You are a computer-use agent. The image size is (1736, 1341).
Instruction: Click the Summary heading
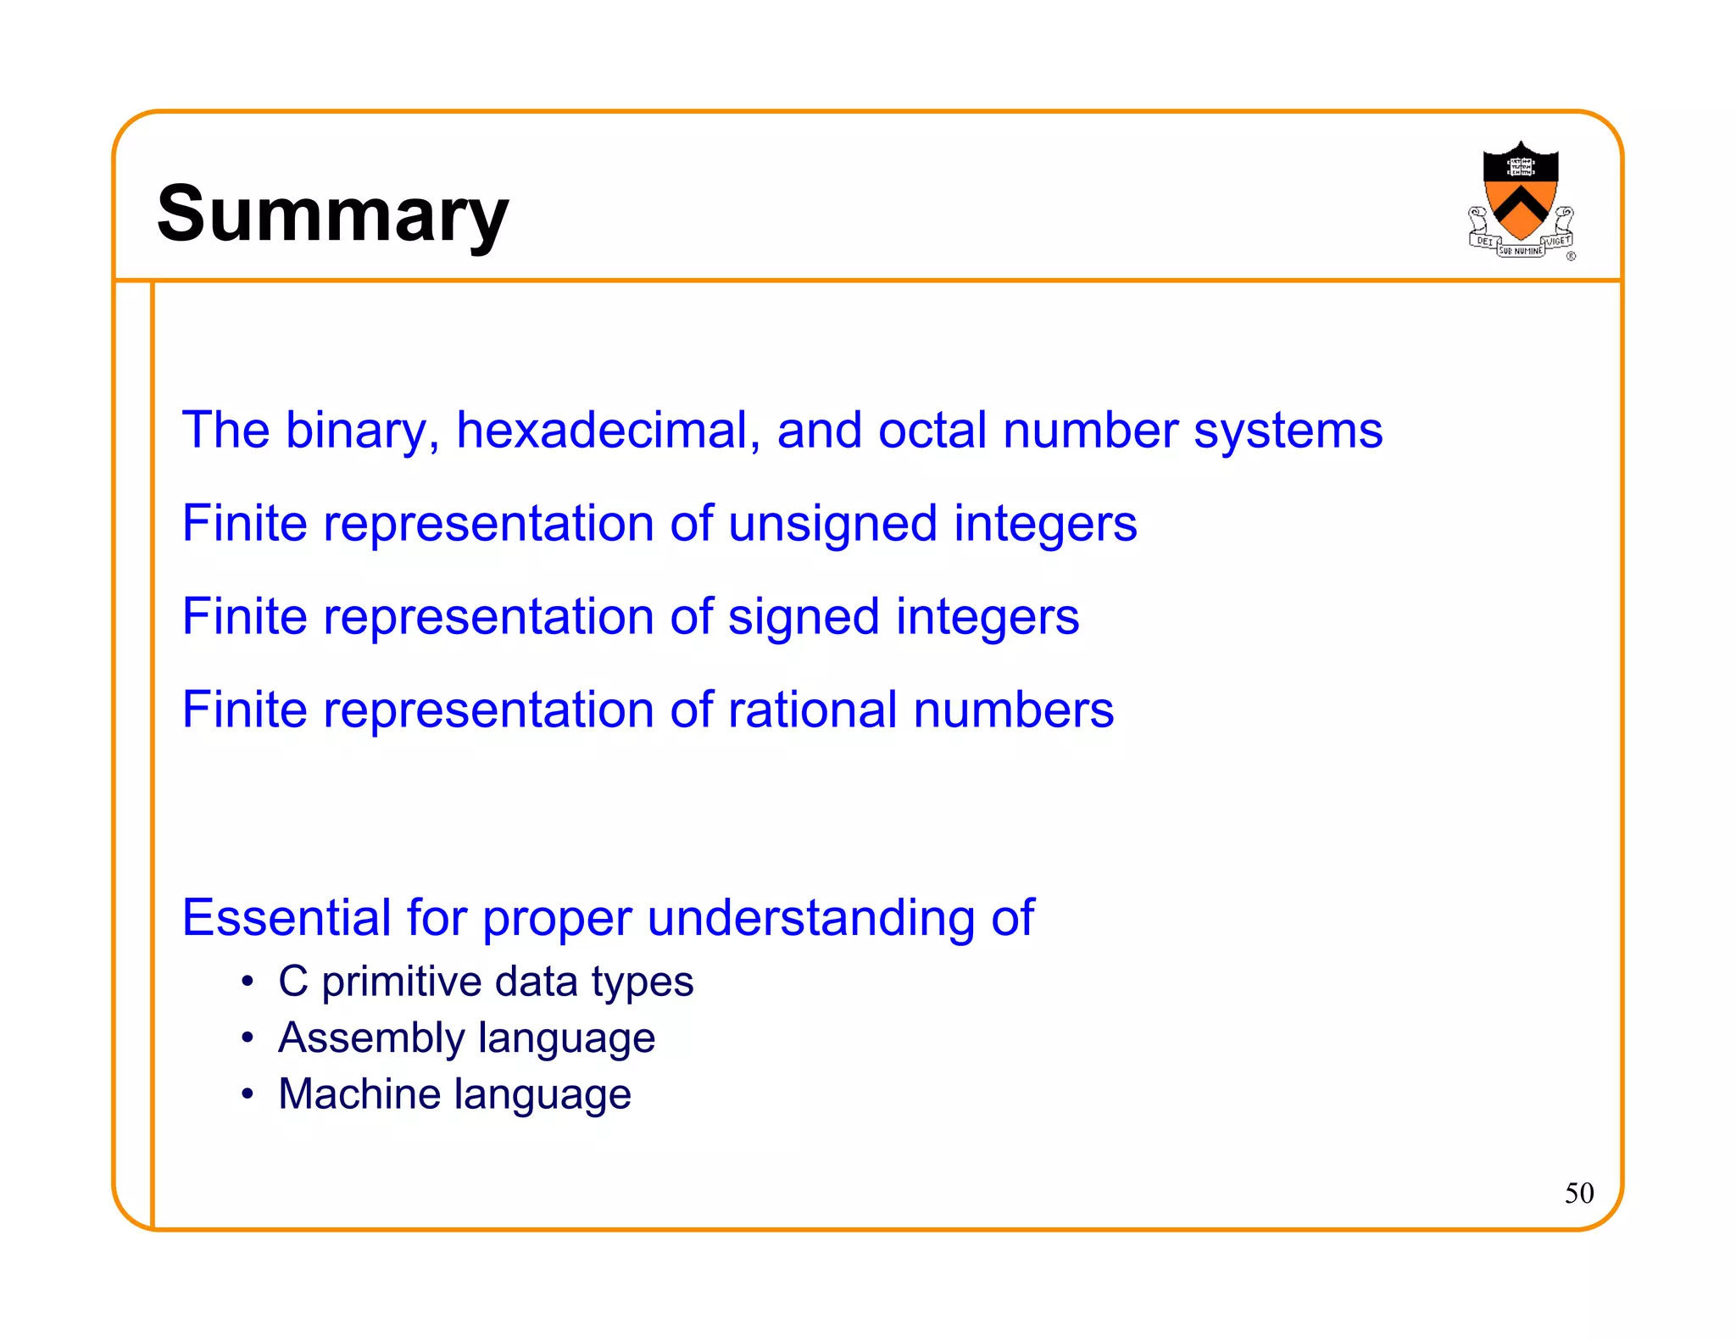pyautogui.click(x=332, y=214)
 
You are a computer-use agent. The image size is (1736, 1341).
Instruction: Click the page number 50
pyautogui.click(x=1578, y=1194)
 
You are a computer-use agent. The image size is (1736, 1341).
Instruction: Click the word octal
pyautogui.click(x=932, y=430)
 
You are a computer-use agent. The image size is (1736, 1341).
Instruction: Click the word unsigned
pyautogui.click(x=832, y=525)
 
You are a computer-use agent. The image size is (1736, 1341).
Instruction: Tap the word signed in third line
pyautogui.click(x=804, y=618)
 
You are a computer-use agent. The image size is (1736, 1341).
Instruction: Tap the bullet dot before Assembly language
pyautogui.click(x=247, y=1038)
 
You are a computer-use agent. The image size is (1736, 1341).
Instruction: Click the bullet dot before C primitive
pyautogui.click(x=247, y=982)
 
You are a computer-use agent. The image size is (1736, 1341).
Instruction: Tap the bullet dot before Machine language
pyautogui.click(x=247, y=1094)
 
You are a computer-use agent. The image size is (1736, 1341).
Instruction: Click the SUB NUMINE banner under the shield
pyautogui.click(x=1521, y=251)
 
